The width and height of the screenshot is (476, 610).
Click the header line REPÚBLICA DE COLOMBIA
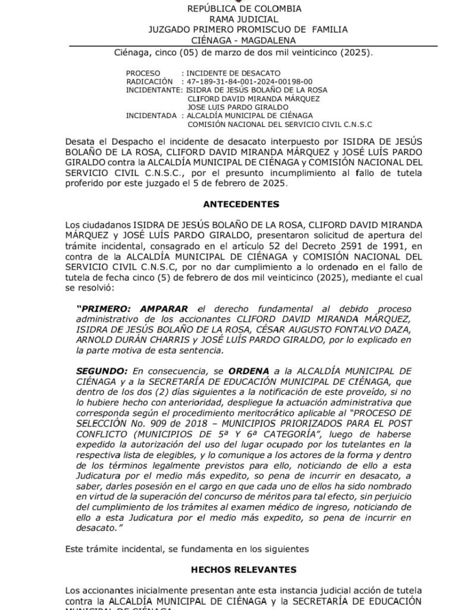244,9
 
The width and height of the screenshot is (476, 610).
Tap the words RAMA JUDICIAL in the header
244,19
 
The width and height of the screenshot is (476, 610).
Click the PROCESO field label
143,73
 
